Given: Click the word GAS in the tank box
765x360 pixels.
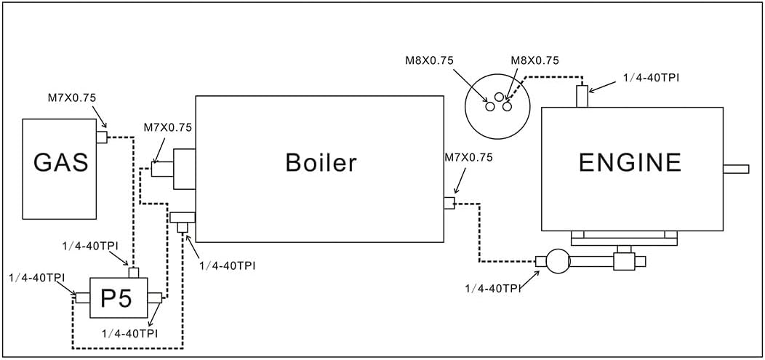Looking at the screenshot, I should point(60,162).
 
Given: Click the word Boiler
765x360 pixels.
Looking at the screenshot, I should point(321,162).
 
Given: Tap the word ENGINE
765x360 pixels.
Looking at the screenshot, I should point(630,163).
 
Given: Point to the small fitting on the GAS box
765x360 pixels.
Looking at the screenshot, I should point(102,137).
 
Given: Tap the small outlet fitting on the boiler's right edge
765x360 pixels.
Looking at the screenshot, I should point(449,203).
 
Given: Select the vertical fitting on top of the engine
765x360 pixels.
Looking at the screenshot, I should point(582,96).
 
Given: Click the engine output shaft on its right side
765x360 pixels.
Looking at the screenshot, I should point(736,169).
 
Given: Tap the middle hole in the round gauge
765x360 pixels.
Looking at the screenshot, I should point(499,97).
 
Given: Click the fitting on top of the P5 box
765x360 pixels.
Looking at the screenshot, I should point(133,273).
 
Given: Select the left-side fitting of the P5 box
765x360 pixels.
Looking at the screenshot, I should point(82,297).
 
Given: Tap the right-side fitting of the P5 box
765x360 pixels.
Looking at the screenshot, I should point(154,297).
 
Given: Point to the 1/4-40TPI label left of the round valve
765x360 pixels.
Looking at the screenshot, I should point(492,289).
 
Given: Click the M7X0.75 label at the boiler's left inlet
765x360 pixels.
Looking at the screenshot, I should point(168,127).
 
